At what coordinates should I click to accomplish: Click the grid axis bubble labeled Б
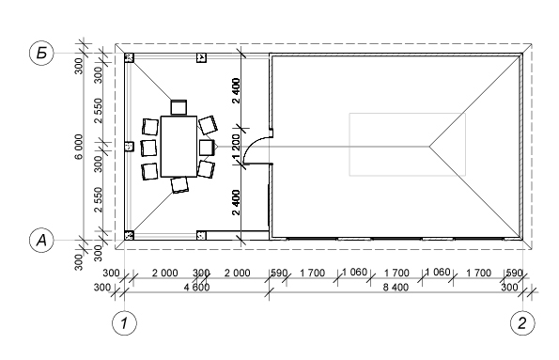pos(41,54)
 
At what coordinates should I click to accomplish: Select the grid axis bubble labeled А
pos(41,240)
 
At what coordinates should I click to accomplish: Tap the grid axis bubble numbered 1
pos(124,323)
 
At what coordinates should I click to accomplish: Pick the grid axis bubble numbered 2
pos(522,323)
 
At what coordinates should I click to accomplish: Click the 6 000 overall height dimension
pos(79,147)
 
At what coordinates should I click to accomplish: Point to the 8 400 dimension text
pos(396,288)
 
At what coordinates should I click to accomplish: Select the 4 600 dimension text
pos(196,288)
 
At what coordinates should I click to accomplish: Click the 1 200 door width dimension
pos(236,147)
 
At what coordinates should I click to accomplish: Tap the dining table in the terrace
pos(179,147)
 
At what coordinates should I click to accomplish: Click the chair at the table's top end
pos(179,107)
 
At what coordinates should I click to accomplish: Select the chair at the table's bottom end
pos(179,185)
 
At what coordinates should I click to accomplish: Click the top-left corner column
pos(129,57)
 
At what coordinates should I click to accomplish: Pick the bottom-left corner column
pos(129,235)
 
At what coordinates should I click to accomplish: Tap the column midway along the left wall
pos(129,147)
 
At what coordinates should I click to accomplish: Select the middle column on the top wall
pos(201,57)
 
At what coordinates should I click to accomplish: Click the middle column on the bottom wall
pos(201,235)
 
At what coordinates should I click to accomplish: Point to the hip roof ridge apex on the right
pos(429,146)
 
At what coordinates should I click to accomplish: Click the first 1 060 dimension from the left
pos(354,273)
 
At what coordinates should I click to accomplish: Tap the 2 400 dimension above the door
pos(236,90)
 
